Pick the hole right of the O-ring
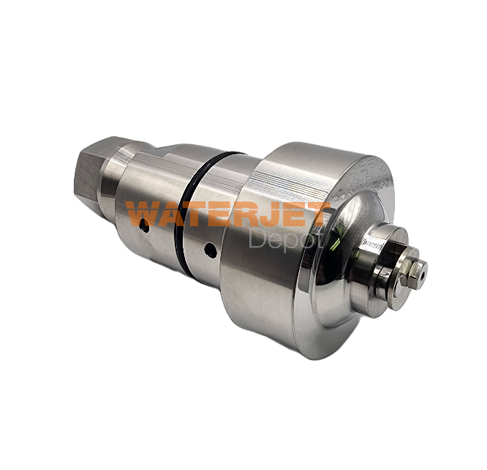click(x=210, y=250)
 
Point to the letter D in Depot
click(x=258, y=239)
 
